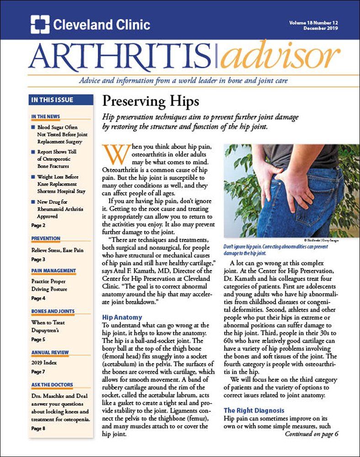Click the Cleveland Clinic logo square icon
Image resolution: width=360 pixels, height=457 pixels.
(40, 25)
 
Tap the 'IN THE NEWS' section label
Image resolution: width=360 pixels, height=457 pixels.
(46, 117)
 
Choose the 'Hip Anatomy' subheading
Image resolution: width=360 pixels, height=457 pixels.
(122, 317)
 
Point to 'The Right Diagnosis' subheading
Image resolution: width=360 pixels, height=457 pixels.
(254, 410)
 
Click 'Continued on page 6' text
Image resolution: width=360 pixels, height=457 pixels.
(312, 434)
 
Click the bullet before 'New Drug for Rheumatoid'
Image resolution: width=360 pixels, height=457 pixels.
(33, 202)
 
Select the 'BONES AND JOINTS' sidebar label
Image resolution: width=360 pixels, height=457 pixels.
(53, 311)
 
